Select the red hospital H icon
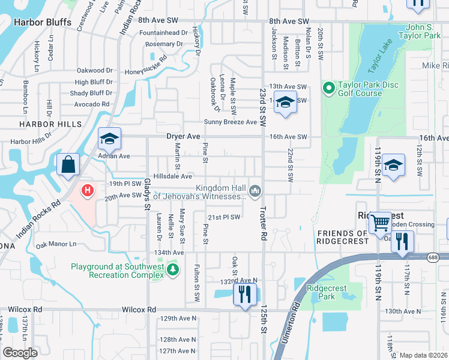click(88, 191)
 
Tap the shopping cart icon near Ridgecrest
click(380, 223)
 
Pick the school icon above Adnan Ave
click(109, 139)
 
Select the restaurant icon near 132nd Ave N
click(244, 294)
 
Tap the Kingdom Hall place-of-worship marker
click(256, 191)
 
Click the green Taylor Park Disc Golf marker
click(328, 89)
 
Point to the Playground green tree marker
click(173, 270)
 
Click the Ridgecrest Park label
click(327, 292)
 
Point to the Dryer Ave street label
click(183, 137)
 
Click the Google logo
click(20, 353)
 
